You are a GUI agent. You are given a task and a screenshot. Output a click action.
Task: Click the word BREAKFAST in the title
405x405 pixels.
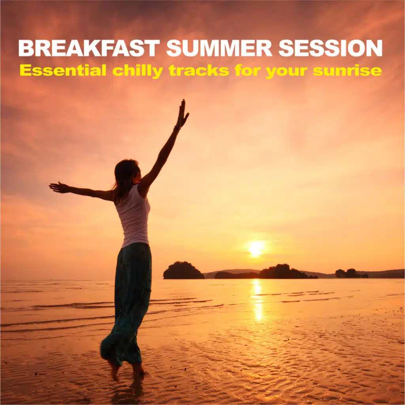coord(89,48)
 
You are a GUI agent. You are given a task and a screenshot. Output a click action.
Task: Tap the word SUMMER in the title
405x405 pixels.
coord(219,48)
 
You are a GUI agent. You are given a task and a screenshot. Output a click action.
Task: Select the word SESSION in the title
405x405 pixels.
coord(330,48)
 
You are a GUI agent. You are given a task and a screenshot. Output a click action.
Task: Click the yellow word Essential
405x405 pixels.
coord(63,70)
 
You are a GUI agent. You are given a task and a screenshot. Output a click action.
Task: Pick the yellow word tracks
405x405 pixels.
coord(199,70)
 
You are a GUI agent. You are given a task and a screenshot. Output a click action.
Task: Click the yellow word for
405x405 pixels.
coord(248,70)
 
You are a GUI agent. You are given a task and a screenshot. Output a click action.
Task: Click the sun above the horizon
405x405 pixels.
coord(255,249)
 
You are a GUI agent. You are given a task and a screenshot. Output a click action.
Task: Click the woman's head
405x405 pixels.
coord(127,174)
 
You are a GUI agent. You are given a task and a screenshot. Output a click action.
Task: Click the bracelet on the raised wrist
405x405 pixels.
coord(177,127)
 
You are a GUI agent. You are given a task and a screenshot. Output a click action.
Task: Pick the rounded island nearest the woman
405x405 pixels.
coord(184,271)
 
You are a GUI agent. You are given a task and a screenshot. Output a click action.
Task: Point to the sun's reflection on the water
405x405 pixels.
coord(257,300)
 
